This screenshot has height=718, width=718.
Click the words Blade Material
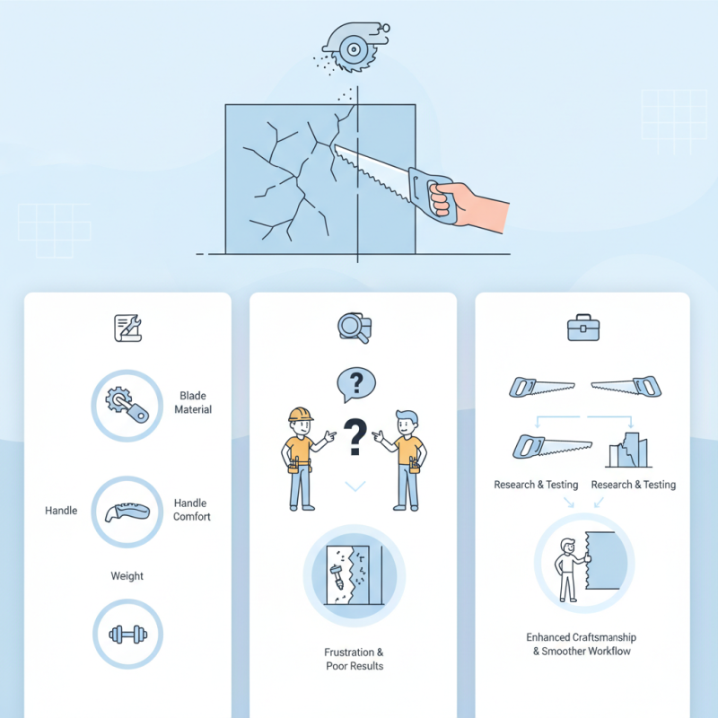click(x=195, y=402)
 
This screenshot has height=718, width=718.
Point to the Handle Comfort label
click(x=192, y=510)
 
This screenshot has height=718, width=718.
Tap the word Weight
click(x=127, y=575)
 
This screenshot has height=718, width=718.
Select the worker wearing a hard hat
click(x=299, y=458)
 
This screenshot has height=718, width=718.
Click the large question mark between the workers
click(x=356, y=439)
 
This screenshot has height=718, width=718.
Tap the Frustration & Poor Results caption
click(x=354, y=659)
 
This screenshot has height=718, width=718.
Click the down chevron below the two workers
click(x=356, y=486)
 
